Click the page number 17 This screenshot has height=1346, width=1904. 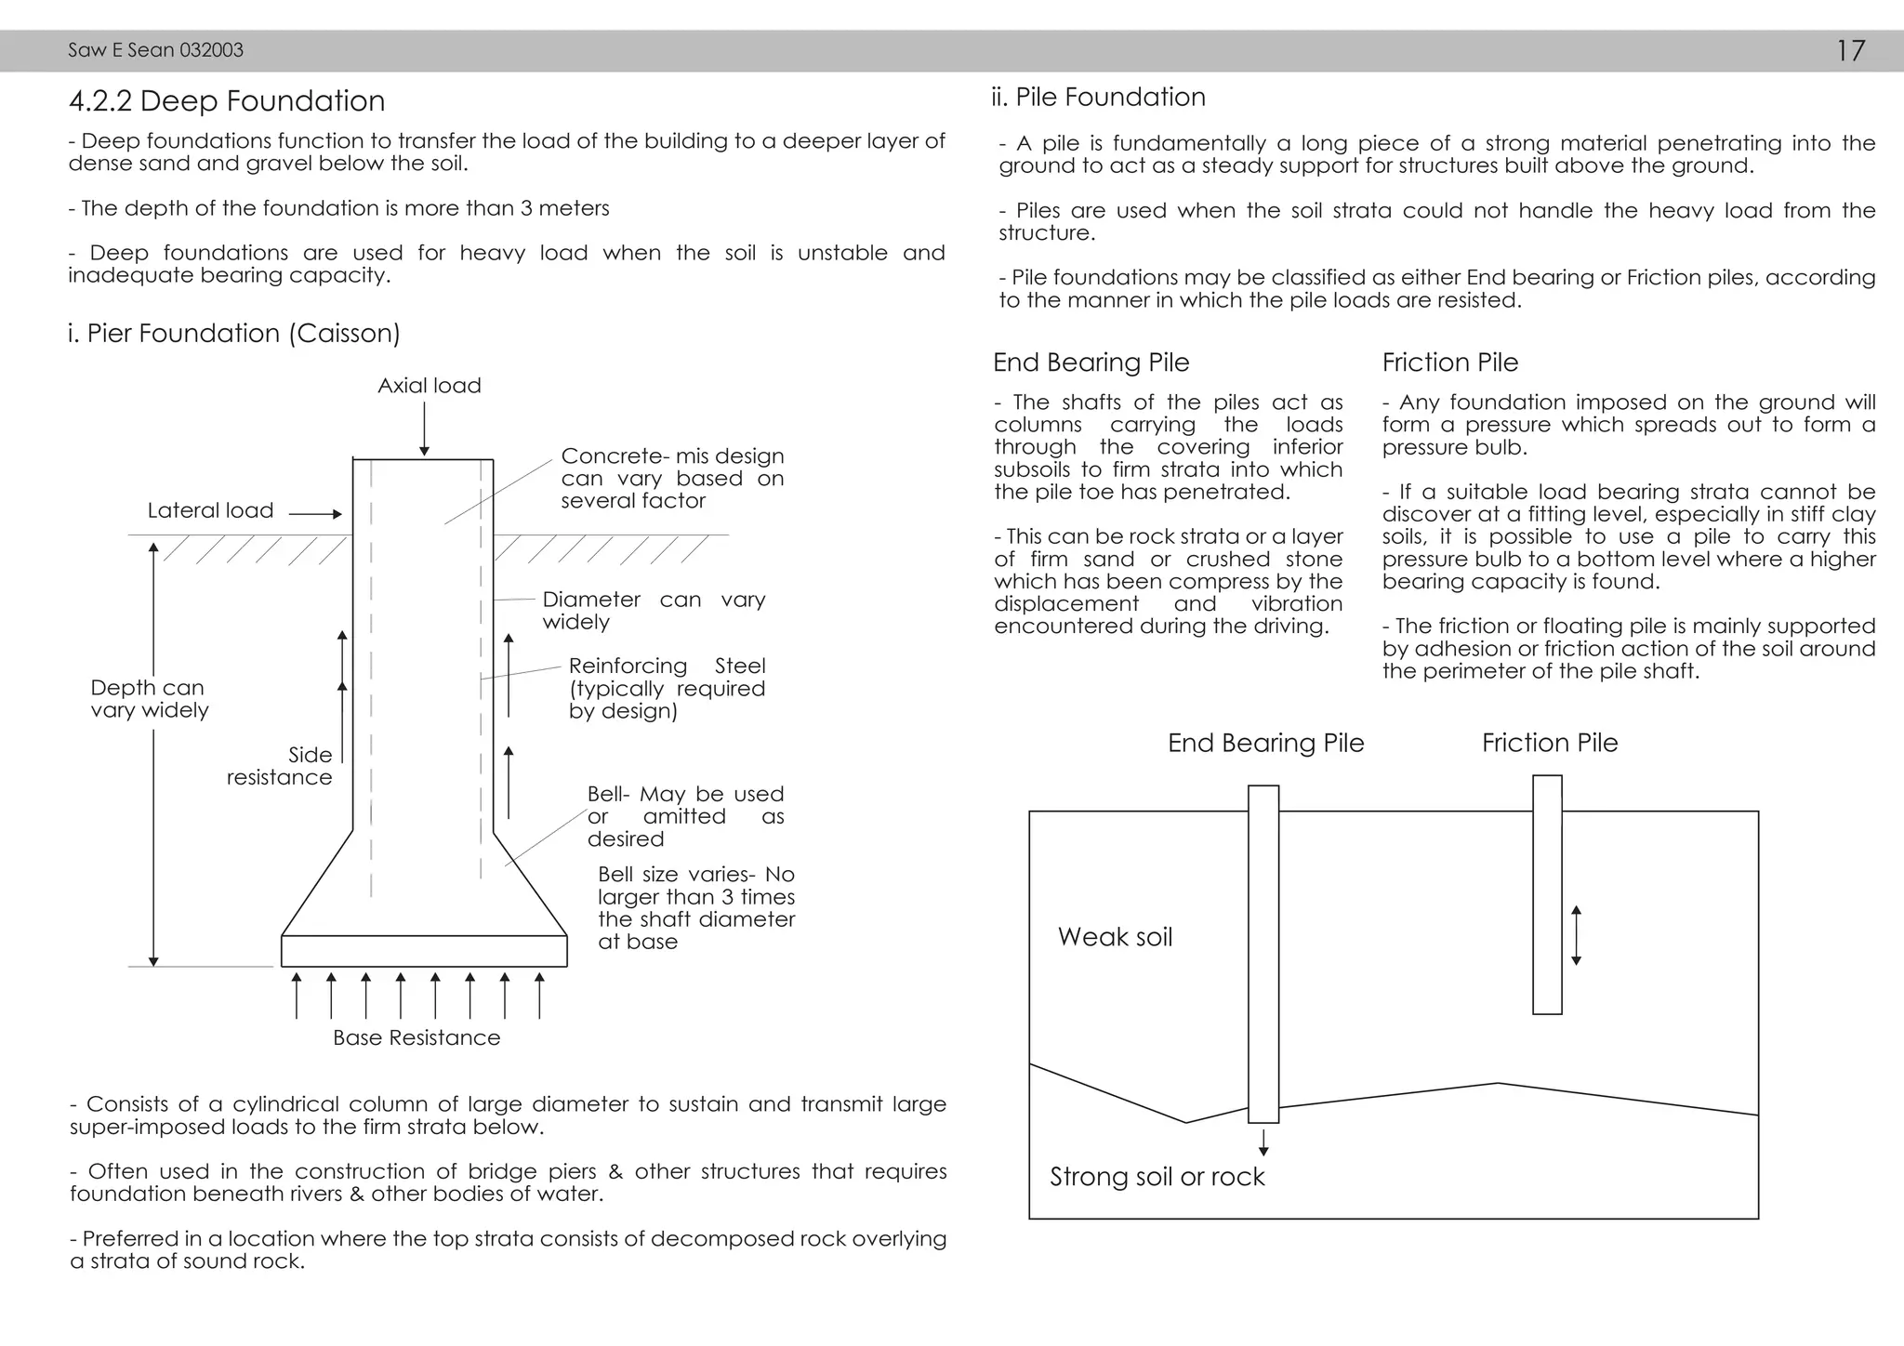coord(1850,50)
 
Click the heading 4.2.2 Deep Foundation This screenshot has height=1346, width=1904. coord(227,100)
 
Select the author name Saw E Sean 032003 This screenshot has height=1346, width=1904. coord(155,50)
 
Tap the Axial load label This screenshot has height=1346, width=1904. coord(429,386)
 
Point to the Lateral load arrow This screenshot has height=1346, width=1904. coord(315,514)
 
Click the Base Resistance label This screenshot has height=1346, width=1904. coord(416,1037)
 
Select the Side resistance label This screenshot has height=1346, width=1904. coord(280,766)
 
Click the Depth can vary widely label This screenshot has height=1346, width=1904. coord(149,699)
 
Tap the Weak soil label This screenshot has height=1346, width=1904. coord(1115,937)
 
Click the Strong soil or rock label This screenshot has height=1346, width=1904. coord(1157,1177)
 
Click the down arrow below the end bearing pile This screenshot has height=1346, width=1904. coord(1263,1142)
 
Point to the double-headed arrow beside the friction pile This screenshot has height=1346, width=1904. coord(1576,935)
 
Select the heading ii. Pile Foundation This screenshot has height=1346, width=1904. coord(1098,97)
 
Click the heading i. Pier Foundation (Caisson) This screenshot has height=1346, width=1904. coord(233,333)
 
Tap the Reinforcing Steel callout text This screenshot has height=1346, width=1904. coord(667,689)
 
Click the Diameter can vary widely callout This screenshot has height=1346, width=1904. coord(654,611)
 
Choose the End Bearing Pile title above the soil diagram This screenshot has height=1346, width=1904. coord(1265,743)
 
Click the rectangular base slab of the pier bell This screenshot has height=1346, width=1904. coord(424,951)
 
